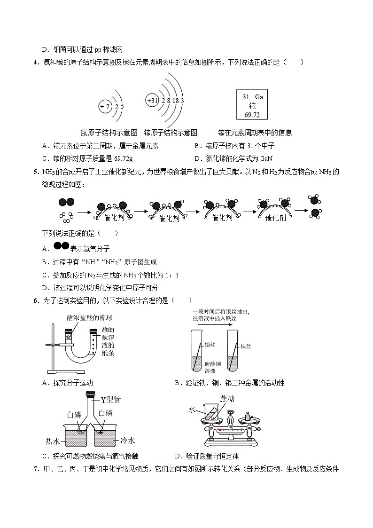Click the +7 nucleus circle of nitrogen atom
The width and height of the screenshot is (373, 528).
(x=105, y=107)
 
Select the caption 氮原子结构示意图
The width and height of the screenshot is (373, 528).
(x=109, y=133)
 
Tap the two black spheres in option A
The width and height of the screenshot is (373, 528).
(x=61, y=246)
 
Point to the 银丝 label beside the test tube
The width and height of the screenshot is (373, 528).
(x=210, y=345)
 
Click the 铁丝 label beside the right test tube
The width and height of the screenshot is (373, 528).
(x=245, y=346)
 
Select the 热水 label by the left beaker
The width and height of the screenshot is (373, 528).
(x=52, y=441)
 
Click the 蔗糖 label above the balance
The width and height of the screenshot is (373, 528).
(x=227, y=399)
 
